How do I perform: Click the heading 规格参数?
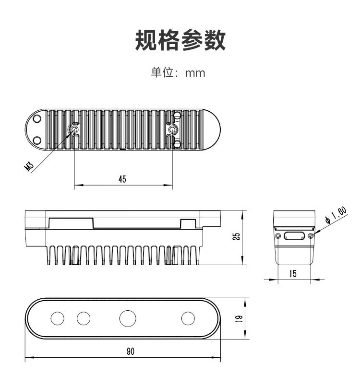click(x=180, y=41)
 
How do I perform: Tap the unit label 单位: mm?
click(x=178, y=73)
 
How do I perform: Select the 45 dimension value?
click(x=122, y=179)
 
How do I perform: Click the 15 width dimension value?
click(x=293, y=273)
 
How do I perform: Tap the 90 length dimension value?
click(x=130, y=351)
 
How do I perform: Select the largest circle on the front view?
click(x=128, y=318)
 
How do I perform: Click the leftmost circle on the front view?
click(x=57, y=318)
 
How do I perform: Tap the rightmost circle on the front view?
click(x=188, y=318)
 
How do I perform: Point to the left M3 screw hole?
click(x=74, y=129)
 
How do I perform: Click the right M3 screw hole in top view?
click(x=172, y=129)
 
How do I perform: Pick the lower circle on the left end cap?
click(x=37, y=140)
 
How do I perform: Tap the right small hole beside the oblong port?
click(x=311, y=236)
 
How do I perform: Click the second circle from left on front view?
click(x=84, y=318)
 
